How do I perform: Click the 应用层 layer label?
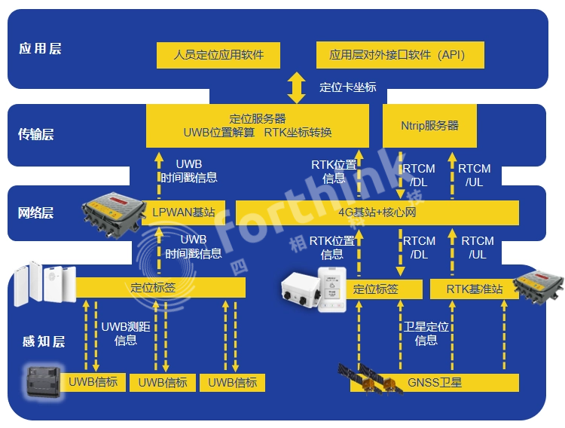click(40, 49)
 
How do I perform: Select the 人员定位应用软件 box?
click(218, 55)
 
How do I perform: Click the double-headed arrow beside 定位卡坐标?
click(297, 87)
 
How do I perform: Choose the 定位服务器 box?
click(257, 126)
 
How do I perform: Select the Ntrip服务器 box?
click(429, 126)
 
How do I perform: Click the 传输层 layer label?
click(36, 135)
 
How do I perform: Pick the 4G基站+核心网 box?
click(377, 212)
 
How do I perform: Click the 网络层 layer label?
click(36, 213)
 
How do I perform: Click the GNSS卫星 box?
click(435, 383)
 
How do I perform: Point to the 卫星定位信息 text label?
click(426, 334)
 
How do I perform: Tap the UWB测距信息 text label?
click(125, 334)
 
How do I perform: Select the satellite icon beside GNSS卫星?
click(369, 378)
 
